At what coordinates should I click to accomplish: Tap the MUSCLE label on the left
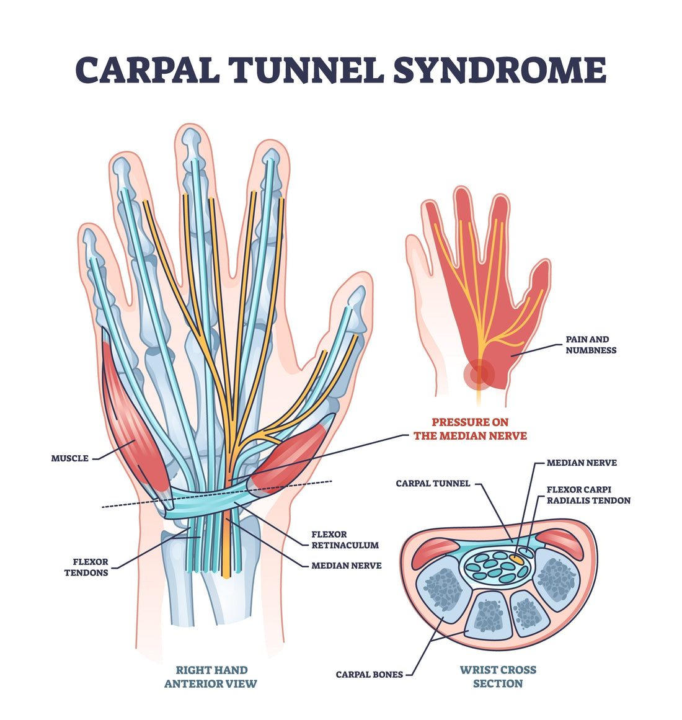69,458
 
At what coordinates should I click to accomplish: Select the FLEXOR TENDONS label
86,567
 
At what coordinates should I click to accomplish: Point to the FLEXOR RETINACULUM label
345,540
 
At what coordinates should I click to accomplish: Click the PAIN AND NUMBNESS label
590,345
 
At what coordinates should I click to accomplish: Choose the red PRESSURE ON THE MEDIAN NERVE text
470,429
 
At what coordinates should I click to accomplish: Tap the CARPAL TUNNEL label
433,483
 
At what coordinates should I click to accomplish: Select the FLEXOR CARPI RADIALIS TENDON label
588,495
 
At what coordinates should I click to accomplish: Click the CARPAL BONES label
369,674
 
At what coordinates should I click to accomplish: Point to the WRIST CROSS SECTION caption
498,677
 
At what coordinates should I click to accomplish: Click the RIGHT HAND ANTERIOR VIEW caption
211,677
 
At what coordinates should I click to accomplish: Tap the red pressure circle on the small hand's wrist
478,374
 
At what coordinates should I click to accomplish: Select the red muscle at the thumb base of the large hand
290,456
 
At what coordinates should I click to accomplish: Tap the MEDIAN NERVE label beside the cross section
582,463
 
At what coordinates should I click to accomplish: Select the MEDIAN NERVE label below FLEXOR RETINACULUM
346,565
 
